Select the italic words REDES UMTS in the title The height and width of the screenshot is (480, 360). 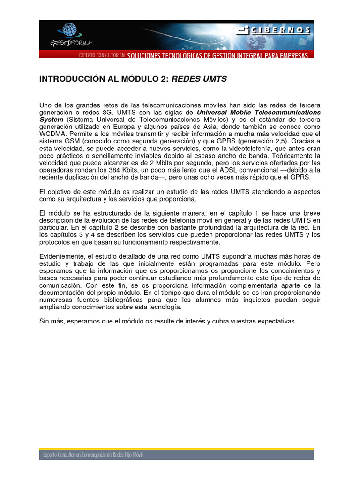point(199,79)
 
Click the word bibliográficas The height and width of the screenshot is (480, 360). point(130,300)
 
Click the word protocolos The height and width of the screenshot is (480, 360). point(55,242)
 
